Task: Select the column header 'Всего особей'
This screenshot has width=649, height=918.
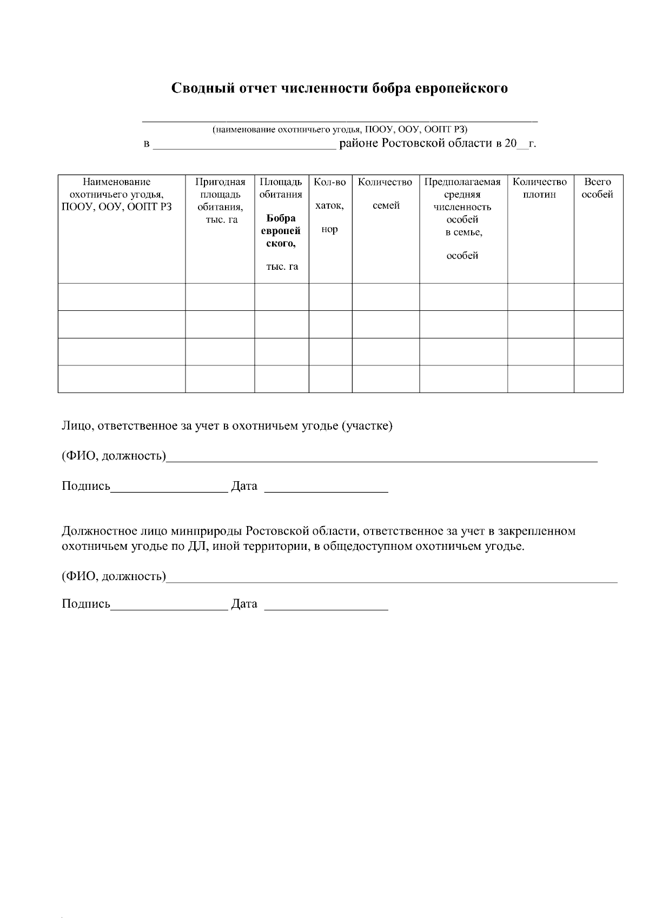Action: pos(598,188)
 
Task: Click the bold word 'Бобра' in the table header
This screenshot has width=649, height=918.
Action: pos(281,218)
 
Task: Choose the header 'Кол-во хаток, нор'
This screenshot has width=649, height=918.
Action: pos(329,205)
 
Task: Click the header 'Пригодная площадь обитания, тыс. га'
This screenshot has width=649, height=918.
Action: pos(220,201)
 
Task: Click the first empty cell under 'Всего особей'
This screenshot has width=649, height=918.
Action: pos(598,297)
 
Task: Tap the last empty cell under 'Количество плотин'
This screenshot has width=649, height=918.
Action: pos(540,378)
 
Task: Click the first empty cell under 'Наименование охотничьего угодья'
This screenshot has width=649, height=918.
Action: pos(121,297)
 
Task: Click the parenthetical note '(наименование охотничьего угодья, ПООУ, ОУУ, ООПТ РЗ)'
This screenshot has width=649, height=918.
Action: pos(340,129)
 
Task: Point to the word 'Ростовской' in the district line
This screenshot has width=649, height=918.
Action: pos(414,144)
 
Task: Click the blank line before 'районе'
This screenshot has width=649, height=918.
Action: pos(244,145)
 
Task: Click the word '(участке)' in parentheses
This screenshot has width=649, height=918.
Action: pos(367,426)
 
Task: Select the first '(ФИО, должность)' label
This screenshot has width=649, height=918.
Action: pos(114,456)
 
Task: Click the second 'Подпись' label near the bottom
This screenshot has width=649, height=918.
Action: pos(85,604)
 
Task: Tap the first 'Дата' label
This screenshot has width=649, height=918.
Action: pos(244,486)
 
